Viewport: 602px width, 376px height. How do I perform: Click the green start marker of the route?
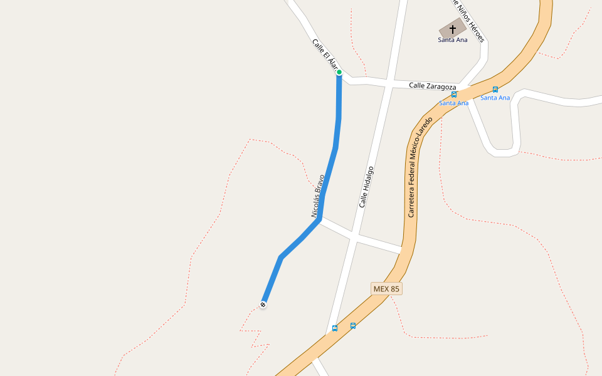(339, 72)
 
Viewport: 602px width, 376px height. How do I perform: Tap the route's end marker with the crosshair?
(263, 305)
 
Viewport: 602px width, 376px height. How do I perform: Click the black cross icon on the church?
(453, 29)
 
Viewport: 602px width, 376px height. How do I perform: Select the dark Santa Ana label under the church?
(453, 40)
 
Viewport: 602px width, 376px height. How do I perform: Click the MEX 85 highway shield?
(386, 289)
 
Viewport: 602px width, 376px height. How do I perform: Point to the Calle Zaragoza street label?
(432, 85)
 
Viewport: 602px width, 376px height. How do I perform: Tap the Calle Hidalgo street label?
(367, 187)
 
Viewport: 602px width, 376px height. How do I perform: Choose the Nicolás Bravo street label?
(318, 196)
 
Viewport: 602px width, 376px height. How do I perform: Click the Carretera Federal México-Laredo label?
(420, 165)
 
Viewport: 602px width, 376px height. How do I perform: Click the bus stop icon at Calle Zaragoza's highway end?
(454, 95)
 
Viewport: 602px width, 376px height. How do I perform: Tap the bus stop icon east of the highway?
(495, 90)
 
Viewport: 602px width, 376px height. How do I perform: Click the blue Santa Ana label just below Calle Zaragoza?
(453, 103)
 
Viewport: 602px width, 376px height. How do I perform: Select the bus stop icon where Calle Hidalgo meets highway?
(335, 328)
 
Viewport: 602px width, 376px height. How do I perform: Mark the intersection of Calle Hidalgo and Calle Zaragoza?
(389, 83)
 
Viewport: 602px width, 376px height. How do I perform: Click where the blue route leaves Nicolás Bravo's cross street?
(319, 219)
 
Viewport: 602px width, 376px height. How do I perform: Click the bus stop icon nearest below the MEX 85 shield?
(353, 326)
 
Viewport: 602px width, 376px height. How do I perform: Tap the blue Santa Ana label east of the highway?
(495, 98)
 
